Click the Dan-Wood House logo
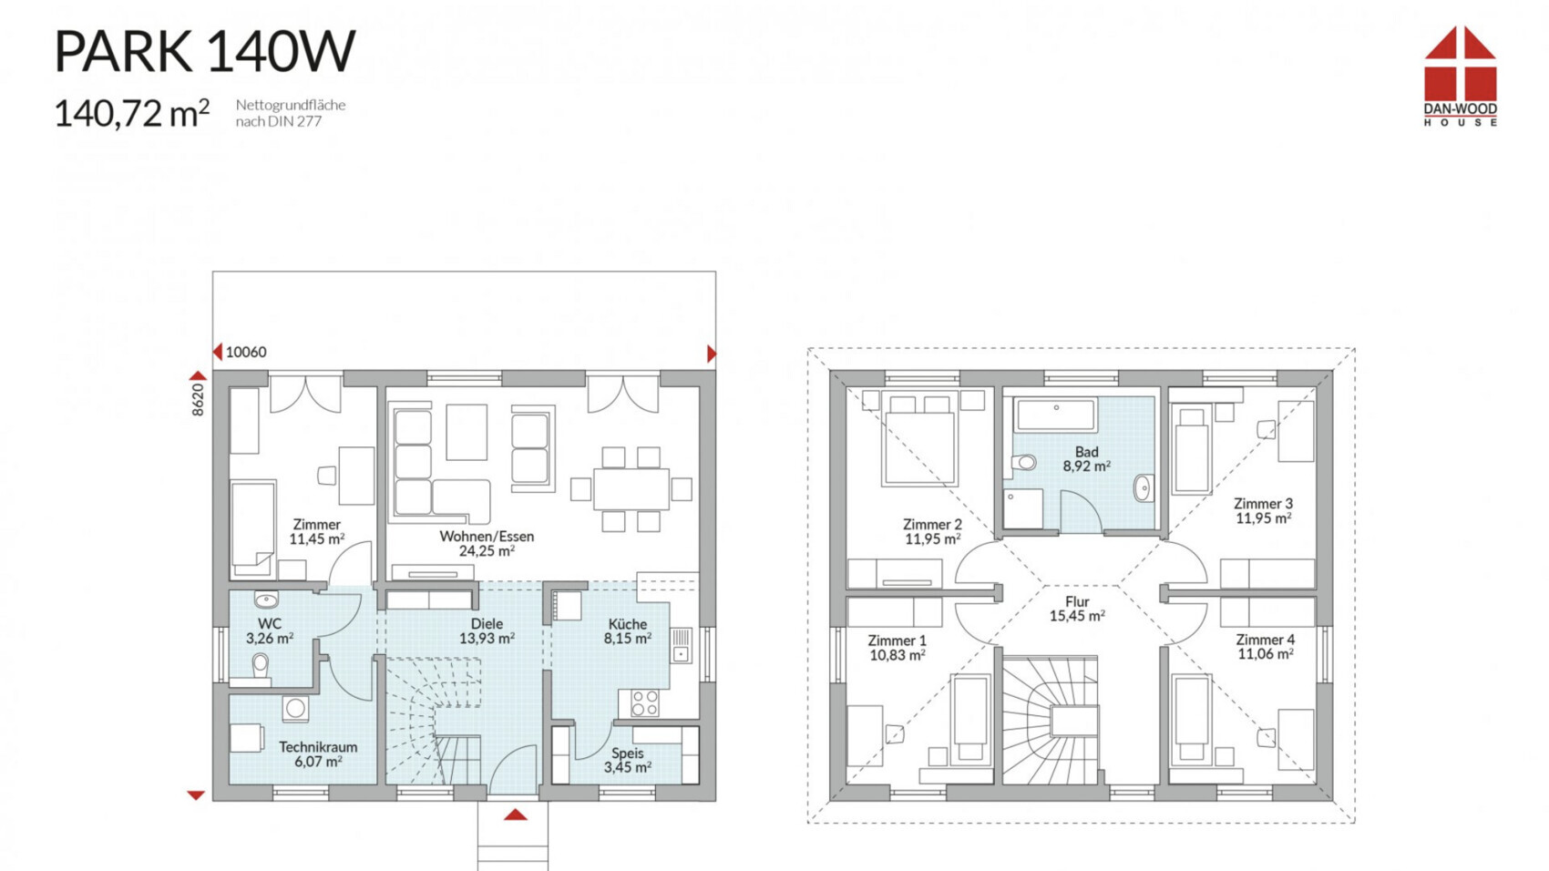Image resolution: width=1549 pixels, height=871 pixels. click(1460, 76)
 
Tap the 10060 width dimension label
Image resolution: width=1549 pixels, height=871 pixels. click(246, 352)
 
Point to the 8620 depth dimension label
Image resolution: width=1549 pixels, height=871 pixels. click(198, 400)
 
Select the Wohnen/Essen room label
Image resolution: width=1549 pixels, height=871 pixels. click(487, 543)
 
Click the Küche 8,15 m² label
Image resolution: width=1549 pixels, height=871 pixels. click(628, 631)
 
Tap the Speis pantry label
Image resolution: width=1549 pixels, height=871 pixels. click(627, 760)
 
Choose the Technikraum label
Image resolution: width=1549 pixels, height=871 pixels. click(318, 754)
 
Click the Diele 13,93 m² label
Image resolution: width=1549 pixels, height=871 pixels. click(487, 631)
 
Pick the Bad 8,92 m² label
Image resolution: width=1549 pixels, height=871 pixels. click(1086, 459)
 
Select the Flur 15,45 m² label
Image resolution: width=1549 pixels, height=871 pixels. click(1077, 609)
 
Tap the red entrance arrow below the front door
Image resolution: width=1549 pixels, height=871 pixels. click(515, 815)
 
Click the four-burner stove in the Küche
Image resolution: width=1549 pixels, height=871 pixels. click(644, 703)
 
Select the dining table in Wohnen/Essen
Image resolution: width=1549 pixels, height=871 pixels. click(631, 489)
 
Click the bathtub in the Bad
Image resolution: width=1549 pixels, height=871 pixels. click(1055, 414)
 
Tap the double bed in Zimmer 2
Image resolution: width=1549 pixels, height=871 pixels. click(919, 440)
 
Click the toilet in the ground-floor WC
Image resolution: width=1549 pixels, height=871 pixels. click(260, 666)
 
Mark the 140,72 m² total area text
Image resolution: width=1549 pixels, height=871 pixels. click(131, 113)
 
